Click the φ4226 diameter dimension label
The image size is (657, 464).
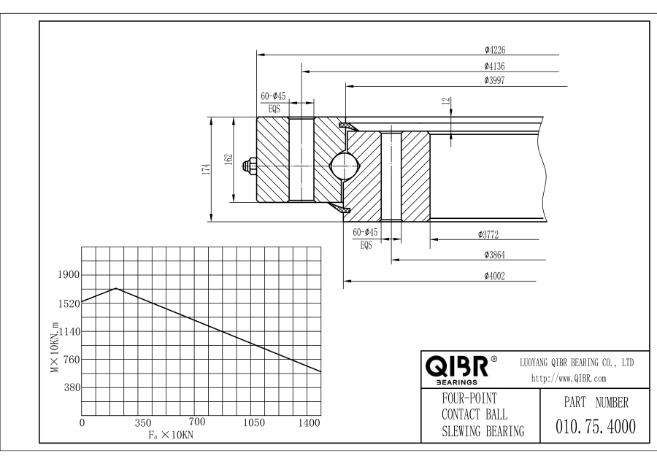[495, 50]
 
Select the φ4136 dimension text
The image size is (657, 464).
[494, 66]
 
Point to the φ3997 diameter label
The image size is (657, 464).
[494, 80]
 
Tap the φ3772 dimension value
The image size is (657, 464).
[488, 234]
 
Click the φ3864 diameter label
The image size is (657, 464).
[494, 255]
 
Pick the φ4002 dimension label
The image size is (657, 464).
[494, 276]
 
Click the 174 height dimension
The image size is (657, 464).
[206, 169]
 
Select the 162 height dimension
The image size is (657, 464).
[228, 160]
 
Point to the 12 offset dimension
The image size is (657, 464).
[446, 101]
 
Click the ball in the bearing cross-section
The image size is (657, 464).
[345, 166]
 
